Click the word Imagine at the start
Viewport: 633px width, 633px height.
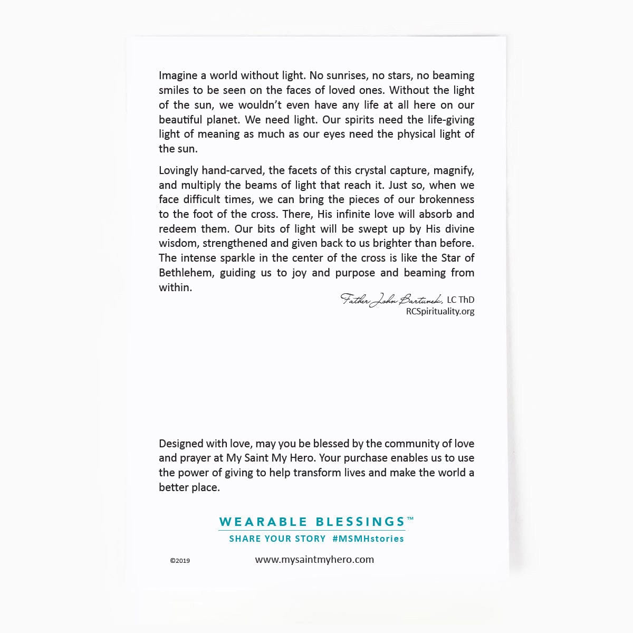pyautogui.click(x=179, y=76)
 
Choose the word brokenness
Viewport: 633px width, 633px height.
pyautogui.click(x=446, y=199)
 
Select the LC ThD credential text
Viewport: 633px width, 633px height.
pyautogui.click(x=461, y=300)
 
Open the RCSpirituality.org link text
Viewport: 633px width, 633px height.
pyautogui.click(x=440, y=311)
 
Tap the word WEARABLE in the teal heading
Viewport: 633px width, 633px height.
pyautogui.click(x=263, y=522)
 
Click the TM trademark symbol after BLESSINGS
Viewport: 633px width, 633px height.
pyautogui.click(x=410, y=519)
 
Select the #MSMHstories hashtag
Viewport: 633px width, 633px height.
pyautogui.click(x=368, y=539)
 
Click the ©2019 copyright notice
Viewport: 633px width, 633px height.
pyautogui.click(x=180, y=561)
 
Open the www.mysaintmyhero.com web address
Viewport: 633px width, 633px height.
pyautogui.click(x=314, y=560)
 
